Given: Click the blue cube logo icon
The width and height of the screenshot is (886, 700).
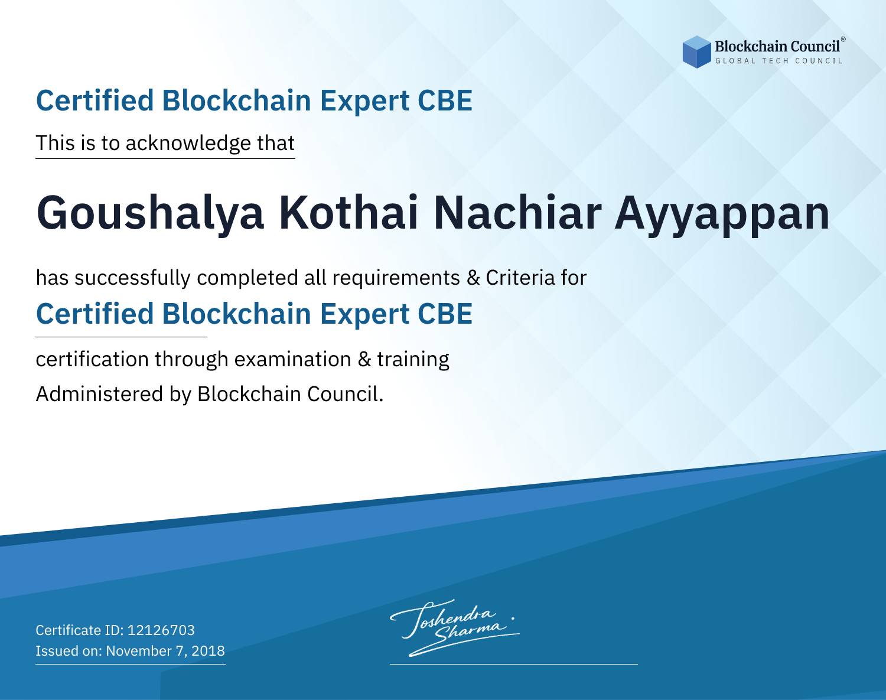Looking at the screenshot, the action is [x=696, y=52].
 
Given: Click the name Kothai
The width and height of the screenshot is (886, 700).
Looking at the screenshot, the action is [x=348, y=213].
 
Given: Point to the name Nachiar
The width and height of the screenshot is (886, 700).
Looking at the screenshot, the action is [x=517, y=213].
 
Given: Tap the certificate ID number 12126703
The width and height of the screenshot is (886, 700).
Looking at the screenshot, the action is [x=161, y=630].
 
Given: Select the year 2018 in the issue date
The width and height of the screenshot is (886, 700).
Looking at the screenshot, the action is [x=208, y=650].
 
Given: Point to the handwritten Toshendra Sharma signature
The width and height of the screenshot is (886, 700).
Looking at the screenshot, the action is [x=455, y=627].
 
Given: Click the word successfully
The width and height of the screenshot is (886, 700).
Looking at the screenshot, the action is [x=132, y=278].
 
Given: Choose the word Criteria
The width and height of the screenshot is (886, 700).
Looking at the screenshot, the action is [x=520, y=278].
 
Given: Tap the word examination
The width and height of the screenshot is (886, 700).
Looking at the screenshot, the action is [x=293, y=359].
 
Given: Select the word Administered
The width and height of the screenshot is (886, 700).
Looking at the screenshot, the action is [x=99, y=394].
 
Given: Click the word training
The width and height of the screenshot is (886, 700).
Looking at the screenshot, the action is [x=413, y=360].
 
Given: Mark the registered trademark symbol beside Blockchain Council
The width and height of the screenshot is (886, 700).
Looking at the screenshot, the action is [x=843, y=40].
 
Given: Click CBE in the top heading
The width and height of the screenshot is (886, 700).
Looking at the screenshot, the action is [x=445, y=100].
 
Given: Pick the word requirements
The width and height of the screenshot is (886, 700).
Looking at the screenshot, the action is [x=396, y=278].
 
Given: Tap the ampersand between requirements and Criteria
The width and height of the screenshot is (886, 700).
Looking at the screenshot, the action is [x=473, y=278].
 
